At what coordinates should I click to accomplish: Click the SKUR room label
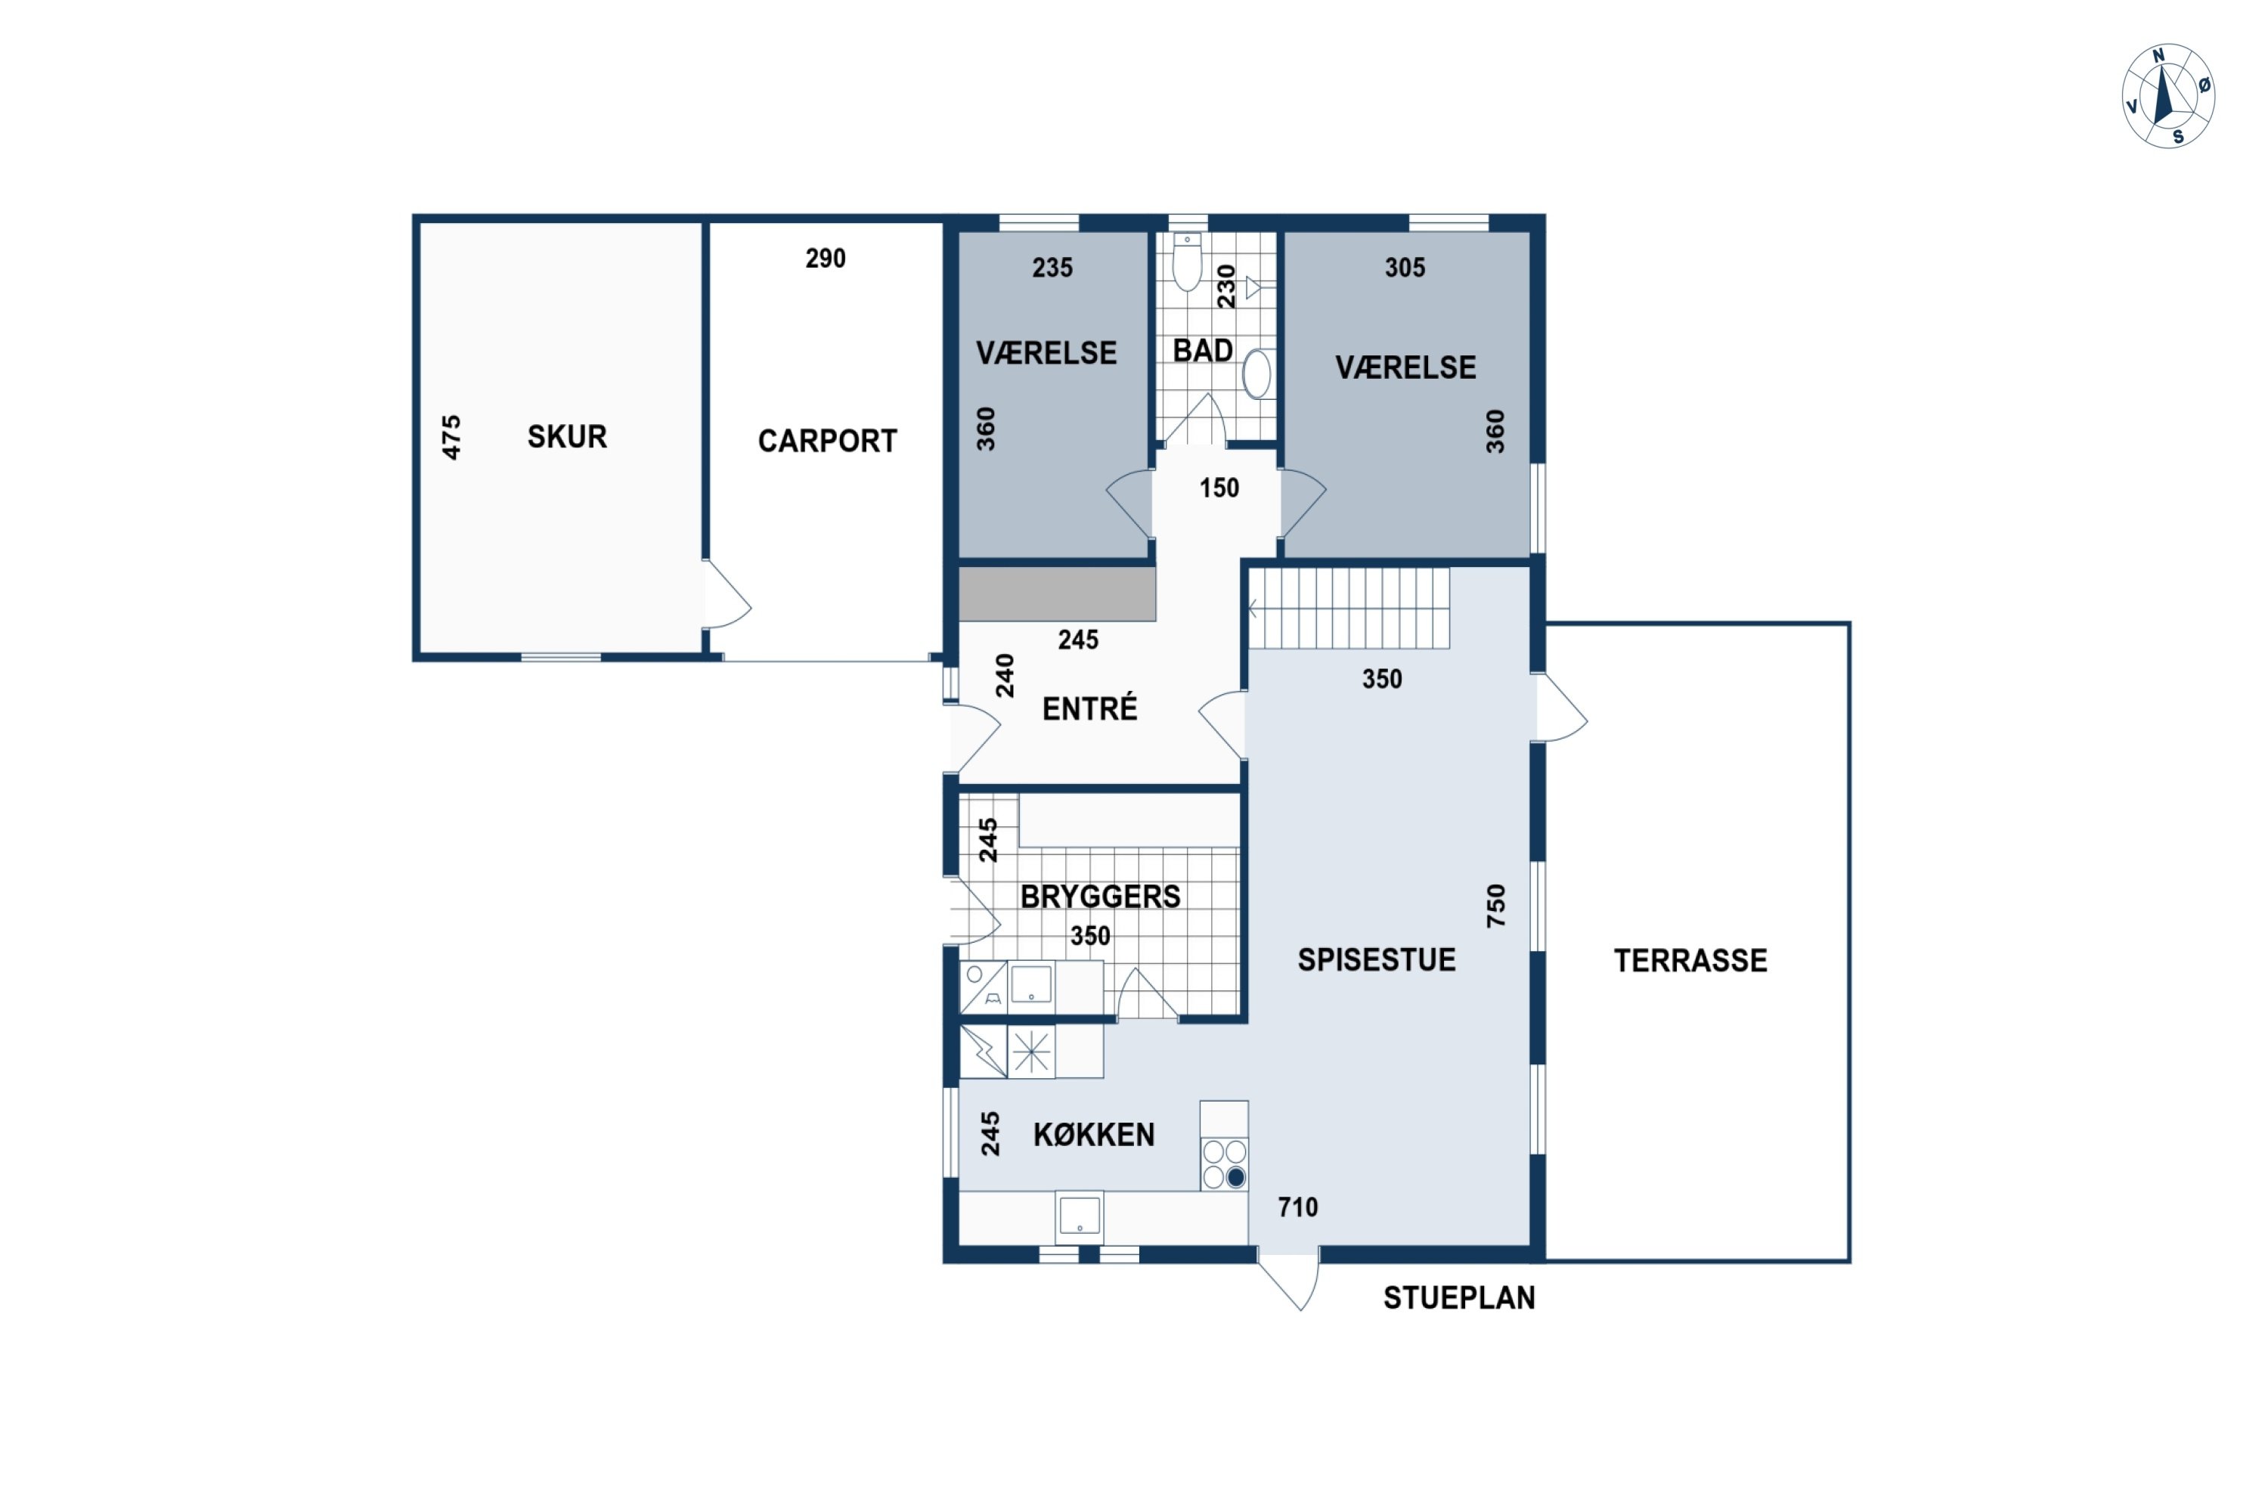pos(567,437)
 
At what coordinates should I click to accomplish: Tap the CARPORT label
pos(827,442)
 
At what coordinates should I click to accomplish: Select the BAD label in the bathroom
pos(1203,350)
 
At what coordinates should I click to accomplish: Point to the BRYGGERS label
pos(1100,897)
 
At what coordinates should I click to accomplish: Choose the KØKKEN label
pos(1093,1135)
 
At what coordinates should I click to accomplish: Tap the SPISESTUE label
pos(1376,959)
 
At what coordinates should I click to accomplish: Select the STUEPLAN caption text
pos(1459,1298)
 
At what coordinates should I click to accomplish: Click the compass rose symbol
pos(2167,97)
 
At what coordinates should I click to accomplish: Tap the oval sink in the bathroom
pos(1256,374)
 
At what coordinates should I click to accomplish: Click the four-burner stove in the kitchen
pos(1225,1164)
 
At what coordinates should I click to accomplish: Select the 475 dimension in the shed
pos(451,437)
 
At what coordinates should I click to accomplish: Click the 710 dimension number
pos(1297,1207)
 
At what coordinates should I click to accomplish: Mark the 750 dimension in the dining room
pos(1495,906)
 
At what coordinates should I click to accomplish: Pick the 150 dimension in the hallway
pos(1219,488)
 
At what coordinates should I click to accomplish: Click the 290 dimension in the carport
pos(826,259)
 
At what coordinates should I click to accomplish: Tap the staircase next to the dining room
pos(1349,608)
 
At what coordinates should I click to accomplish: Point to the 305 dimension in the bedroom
pos(1405,268)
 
